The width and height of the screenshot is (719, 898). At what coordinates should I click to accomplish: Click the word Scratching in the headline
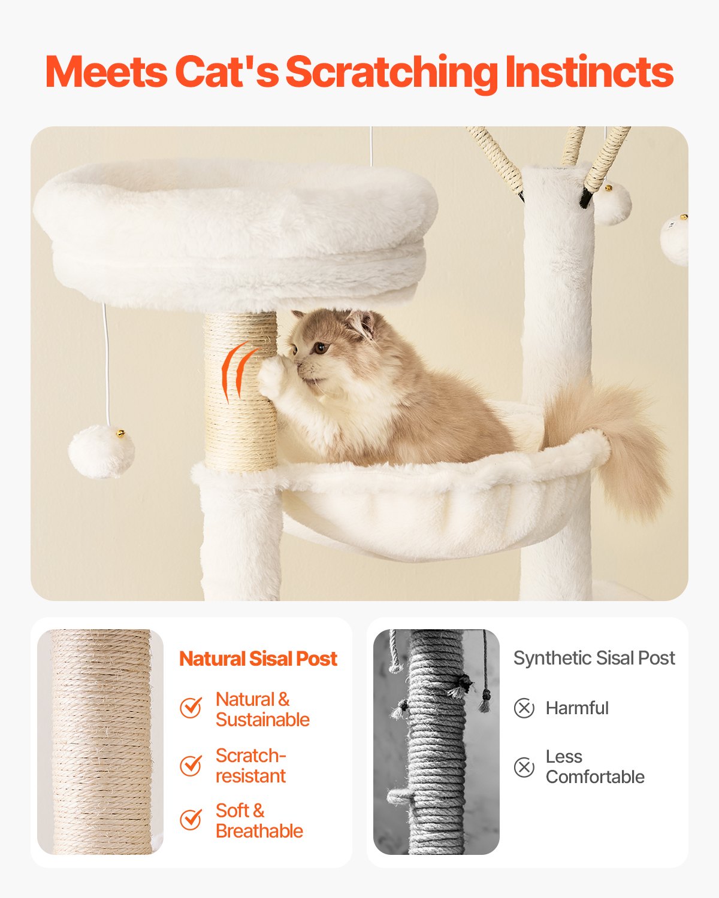coord(391,72)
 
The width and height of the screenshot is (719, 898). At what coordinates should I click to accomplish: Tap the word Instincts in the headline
coord(589,72)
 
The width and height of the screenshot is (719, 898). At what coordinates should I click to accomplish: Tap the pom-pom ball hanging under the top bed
coord(101,451)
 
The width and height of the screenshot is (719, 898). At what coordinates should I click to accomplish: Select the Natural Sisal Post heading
coord(258,659)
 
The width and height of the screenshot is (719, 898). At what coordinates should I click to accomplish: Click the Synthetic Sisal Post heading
coord(594,658)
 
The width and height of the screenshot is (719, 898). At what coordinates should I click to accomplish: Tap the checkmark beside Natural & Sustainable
coord(191,708)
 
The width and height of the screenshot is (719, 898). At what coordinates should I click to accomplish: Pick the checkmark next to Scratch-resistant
coord(191,765)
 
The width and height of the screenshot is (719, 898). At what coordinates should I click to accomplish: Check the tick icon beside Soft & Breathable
coord(191,820)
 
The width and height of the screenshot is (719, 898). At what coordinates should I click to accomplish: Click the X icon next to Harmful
coord(524,708)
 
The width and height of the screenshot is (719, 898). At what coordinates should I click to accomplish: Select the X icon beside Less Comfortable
coord(524,767)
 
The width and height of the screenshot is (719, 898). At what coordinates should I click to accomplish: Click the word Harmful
coord(577,708)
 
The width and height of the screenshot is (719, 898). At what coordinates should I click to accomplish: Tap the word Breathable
coord(259,831)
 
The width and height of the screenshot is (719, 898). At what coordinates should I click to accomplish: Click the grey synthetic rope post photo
coord(436,742)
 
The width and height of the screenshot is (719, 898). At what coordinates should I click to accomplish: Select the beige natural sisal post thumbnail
coord(100,742)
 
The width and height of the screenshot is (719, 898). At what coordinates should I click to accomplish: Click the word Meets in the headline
coord(106,72)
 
